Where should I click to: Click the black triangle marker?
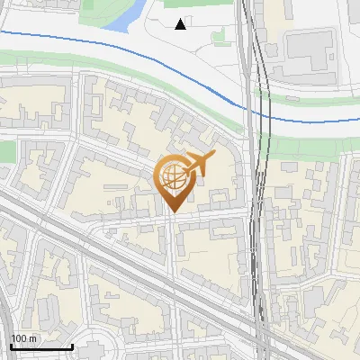[181, 24]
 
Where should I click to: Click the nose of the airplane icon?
[214, 154]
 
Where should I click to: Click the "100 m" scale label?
[23, 338]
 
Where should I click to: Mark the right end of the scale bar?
[72, 346]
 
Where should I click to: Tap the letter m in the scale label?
[32, 338]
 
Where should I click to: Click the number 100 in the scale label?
[19, 338]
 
